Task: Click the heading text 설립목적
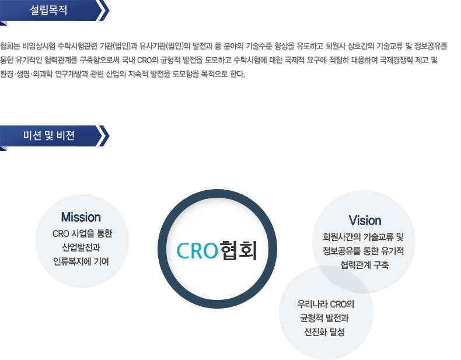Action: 48,11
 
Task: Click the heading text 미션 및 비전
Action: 49,135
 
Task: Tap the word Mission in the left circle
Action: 81,217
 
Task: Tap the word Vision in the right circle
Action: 365,221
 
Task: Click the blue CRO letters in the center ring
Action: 197,251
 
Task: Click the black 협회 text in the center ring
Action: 239,250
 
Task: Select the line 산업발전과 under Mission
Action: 81,247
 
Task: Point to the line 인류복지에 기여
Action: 81,261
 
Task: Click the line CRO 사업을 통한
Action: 82,233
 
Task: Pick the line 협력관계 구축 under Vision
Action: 365,265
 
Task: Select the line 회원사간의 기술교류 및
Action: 364,237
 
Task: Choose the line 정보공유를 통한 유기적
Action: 364,251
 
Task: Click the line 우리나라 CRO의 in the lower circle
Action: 326,304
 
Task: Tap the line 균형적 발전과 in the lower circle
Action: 324,318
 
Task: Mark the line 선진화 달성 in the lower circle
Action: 324,332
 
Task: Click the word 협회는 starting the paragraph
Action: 10,46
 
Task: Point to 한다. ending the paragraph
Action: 238,74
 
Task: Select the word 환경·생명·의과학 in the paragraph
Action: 26,74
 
